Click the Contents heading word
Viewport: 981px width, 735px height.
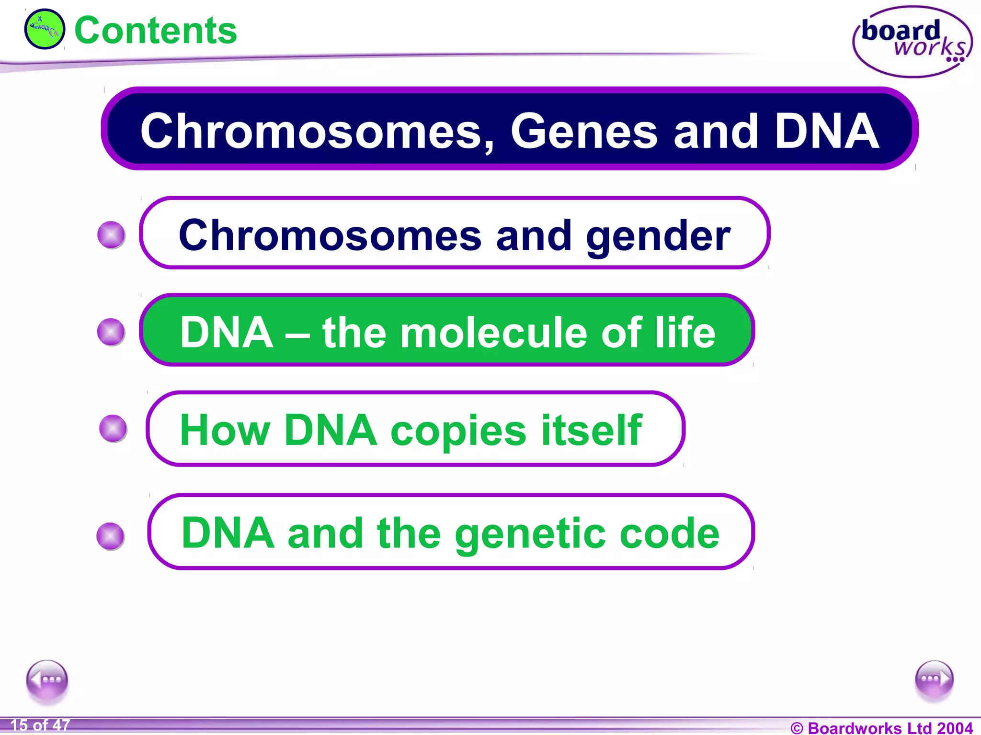click(x=156, y=31)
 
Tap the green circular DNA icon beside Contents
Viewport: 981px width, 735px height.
click(x=45, y=29)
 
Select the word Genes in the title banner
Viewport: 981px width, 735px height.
click(x=584, y=132)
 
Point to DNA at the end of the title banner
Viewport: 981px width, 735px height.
click(x=827, y=132)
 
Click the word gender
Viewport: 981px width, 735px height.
click(x=658, y=236)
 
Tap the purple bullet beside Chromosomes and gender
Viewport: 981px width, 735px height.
click(x=111, y=235)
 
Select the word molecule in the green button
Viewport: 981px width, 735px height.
click(x=493, y=333)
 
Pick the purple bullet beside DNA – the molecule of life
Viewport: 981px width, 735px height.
click(x=111, y=332)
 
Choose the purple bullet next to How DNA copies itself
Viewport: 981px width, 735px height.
click(x=113, y=428)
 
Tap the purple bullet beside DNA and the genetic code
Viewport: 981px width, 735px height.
click(x=111, y=536)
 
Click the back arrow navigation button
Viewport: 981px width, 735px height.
click(x=47, y=679)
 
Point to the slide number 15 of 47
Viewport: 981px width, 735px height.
click(x=40, y=725)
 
